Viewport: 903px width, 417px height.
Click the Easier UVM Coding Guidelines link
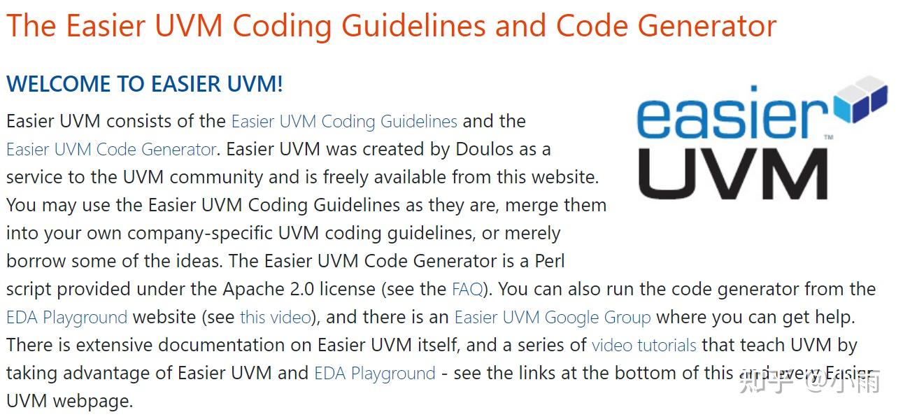coord(344,121)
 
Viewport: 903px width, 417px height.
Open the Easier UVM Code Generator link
coord(111,149)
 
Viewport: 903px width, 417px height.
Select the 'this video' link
coord(275,317)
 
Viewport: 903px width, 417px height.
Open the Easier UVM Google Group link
coord(553,317)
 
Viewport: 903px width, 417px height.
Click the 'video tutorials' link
coord(644,345)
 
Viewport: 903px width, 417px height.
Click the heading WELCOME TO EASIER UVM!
coord(145,84)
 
